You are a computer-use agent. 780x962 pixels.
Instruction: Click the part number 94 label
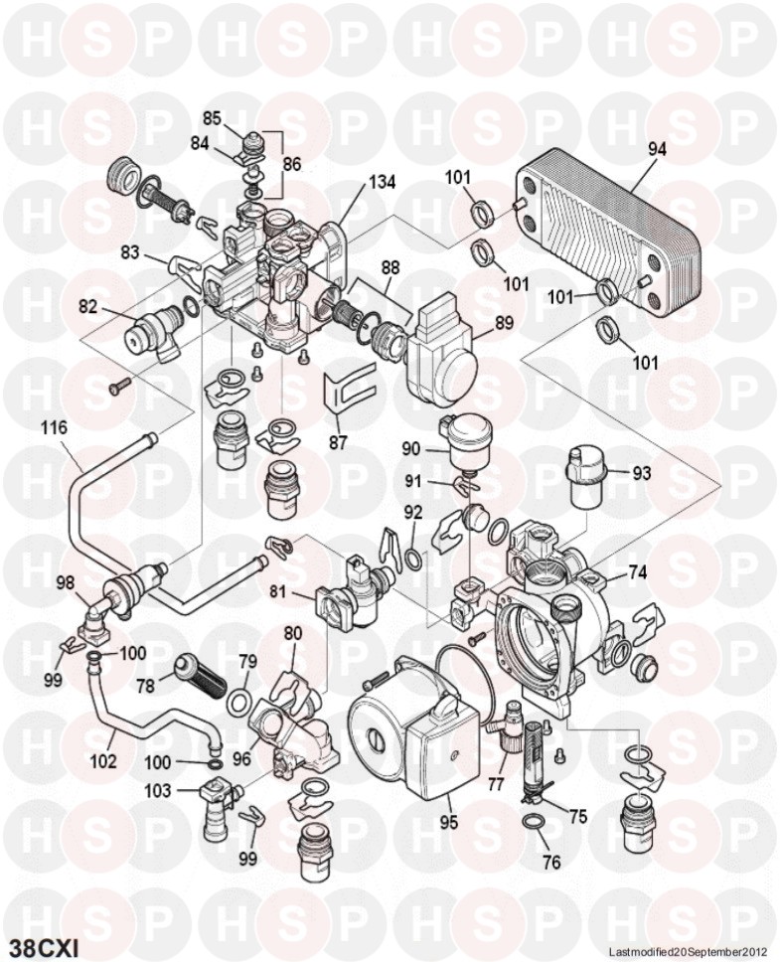657,148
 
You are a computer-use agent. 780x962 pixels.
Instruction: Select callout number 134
382,183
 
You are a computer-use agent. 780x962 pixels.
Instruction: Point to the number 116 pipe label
54,428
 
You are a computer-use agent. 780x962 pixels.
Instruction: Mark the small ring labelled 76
533,823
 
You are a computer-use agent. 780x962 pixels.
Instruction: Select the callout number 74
637,572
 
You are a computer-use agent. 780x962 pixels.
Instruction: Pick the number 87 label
338,442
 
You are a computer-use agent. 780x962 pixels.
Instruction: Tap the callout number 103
158,791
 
